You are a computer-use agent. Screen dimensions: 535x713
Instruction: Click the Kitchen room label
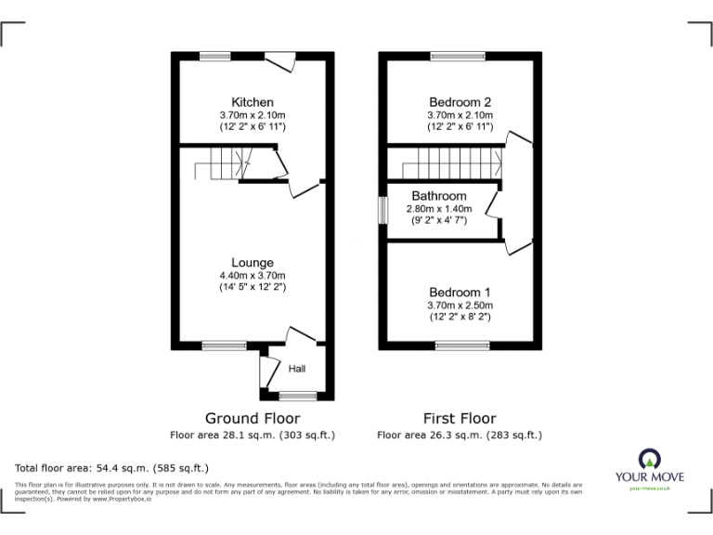click(253, 102)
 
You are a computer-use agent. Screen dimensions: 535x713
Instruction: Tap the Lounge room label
click(253, 263)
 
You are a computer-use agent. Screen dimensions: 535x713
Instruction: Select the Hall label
click(297, 369)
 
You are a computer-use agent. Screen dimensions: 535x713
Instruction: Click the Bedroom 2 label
click(460, 102)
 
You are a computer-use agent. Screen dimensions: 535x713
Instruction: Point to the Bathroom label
click(439, 197)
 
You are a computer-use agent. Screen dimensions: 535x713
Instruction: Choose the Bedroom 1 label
click(460, 293)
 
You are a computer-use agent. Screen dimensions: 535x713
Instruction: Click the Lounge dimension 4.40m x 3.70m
click(253, 276)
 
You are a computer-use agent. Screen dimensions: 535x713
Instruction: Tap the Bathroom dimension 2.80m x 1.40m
click(439, 209)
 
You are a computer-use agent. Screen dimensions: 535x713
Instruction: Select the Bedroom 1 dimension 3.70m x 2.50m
click(460, 306)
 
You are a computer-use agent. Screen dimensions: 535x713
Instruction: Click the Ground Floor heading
click(253, 418)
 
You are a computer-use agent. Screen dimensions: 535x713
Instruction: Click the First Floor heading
click(460, 418)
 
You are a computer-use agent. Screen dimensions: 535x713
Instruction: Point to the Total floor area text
click(112, 467)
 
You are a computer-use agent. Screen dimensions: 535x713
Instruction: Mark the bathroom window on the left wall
click(382, 209)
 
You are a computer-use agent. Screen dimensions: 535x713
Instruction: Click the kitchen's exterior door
click(277, 61)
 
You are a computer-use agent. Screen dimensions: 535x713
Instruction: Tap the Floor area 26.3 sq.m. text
click(460, 435)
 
